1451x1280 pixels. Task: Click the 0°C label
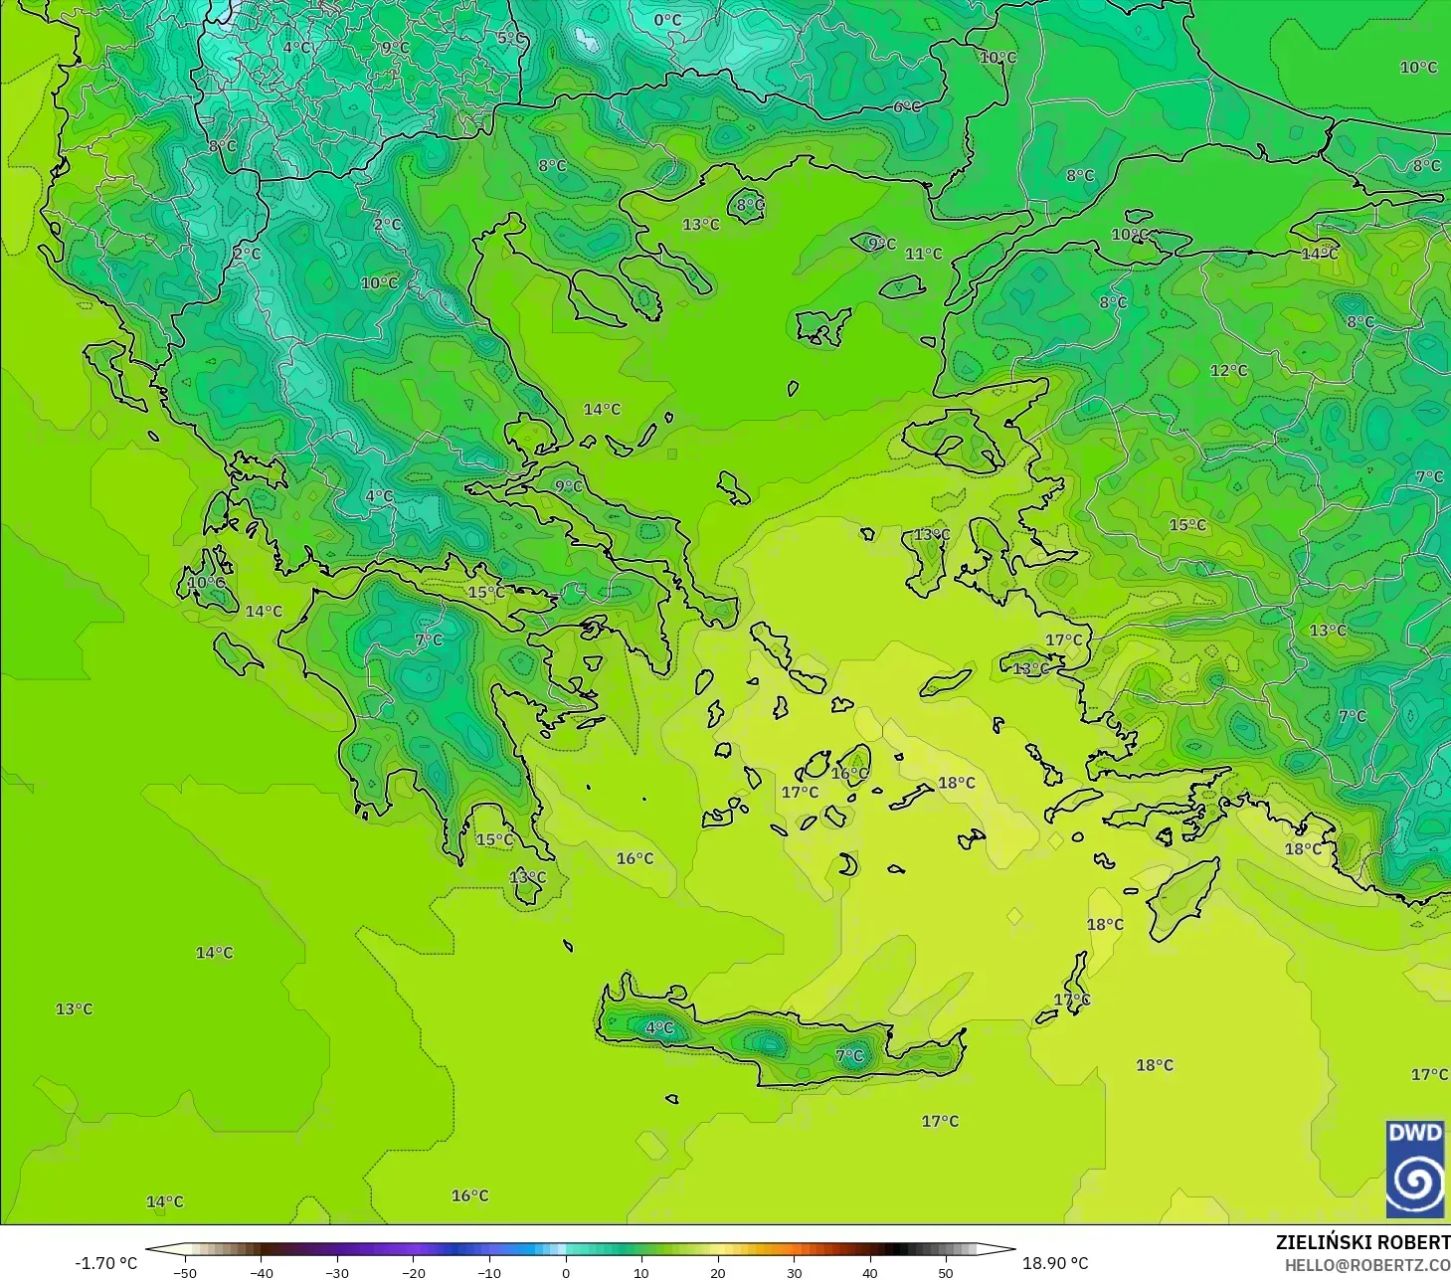point(667,20)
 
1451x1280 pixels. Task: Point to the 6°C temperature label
point(907,106)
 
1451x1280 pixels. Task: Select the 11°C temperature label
point(923,254)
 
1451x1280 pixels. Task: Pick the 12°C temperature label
point(1228,370)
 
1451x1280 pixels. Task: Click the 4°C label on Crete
point(659,1027)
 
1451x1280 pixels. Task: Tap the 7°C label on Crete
point(849,1055)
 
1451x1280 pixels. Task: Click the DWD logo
point(1414,1169)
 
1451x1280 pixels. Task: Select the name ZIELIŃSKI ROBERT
point(1362,1242)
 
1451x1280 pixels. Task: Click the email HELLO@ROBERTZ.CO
point(1366,1265)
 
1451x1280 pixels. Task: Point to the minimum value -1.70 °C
point(105,1263)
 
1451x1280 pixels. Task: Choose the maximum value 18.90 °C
point(1055,1263)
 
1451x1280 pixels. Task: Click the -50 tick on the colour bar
point(185,1272)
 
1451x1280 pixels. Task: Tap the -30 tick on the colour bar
point(337,1272)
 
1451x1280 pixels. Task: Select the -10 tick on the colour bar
point(489,1272)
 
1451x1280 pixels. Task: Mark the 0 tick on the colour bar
point(566,1272)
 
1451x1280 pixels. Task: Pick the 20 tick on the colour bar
point(717,1272)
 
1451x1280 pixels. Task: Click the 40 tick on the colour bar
point(869,1272)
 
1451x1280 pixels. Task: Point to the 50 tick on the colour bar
point(945,1272)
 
